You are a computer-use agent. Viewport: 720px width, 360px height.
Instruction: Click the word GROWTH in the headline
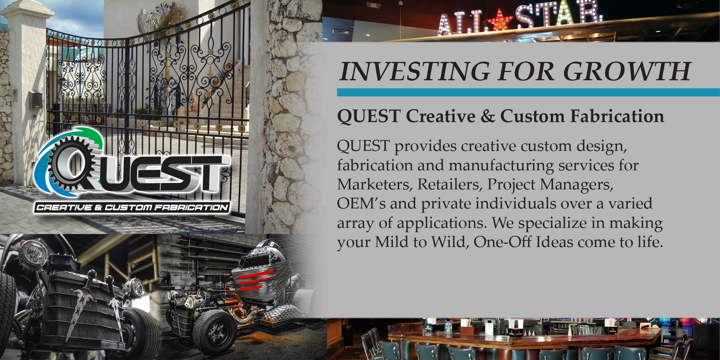pos(627,71)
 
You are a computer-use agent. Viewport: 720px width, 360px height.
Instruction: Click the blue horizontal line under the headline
pos(528,92)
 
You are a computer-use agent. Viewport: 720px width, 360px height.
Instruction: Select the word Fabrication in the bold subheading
pos(617,116)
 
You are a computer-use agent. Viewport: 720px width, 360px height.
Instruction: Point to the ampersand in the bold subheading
pos(487,116)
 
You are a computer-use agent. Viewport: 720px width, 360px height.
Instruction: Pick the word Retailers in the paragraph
pos(450,184)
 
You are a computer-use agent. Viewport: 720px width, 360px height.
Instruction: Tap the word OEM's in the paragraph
pos(361,203)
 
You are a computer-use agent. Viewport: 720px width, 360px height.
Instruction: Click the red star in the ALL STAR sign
pos(500,20)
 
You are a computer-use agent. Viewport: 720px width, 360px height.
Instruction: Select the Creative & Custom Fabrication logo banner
pos(132,207)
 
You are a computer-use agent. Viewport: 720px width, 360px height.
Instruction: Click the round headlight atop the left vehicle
pos(33,251)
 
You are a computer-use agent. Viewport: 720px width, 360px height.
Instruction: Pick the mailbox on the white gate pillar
pos(36,100)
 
